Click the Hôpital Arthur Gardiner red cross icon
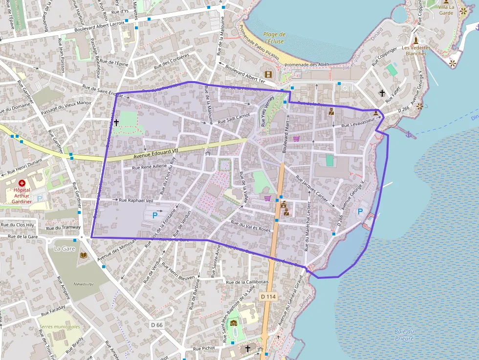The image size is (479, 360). tap(22, 183)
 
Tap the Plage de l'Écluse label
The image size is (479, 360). tap(274, 38)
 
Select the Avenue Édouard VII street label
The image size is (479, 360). tap(156, 153)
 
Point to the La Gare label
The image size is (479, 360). tap(64, 248)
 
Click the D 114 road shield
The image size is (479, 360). tap(268, 296)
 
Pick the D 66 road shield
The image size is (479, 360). tap(156, 324)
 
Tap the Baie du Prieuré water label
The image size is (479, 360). tap(404, 335)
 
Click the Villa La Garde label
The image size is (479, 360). tap(446, 10)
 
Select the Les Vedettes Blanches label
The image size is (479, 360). tap(416, 50)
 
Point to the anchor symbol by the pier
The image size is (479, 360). tap(409, 134)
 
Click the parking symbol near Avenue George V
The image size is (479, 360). tap(361, 212)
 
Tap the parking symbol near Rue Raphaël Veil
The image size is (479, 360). tap(155, 215)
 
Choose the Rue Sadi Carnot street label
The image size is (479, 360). tap(234, 118)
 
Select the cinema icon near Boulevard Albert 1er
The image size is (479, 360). tap(268, 74)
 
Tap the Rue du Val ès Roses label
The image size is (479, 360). tap(251, 227)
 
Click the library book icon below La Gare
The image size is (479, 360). tap(83, 255)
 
